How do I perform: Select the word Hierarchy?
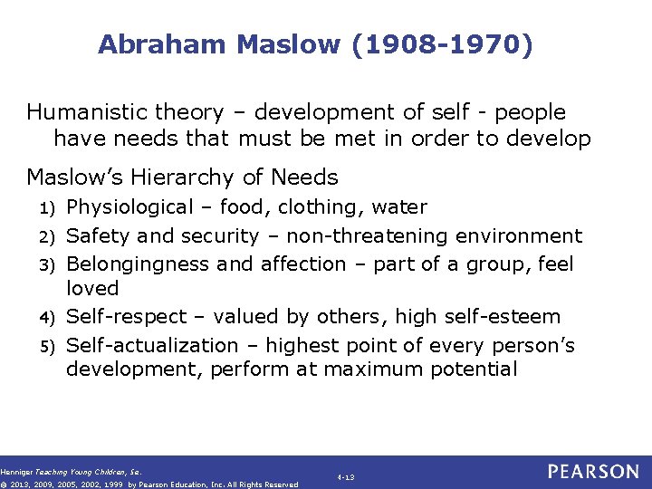click(216, 177)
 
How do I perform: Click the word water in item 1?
click(398, 207)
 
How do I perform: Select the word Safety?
click(100, 236)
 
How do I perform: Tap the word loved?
click(92, 288)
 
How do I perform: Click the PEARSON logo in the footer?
click(594, 472)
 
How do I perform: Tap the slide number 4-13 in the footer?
click(345, 475)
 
